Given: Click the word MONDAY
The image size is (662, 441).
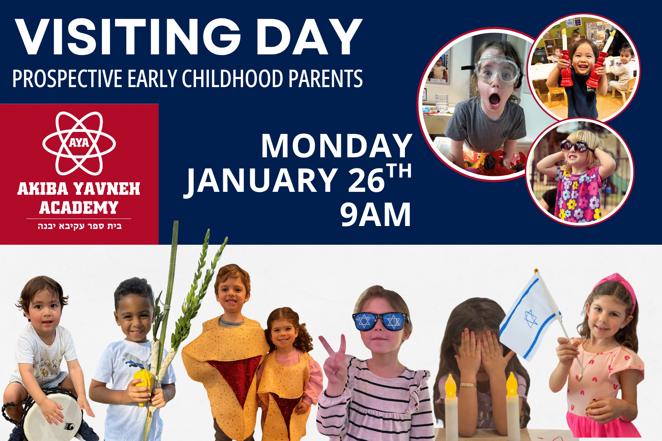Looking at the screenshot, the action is coord(337,146).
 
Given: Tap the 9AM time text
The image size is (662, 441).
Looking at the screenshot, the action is coord(375,215).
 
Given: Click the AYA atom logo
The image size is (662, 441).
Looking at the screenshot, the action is coord(79,143).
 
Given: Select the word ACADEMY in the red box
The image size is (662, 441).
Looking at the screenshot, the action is coord(79,208).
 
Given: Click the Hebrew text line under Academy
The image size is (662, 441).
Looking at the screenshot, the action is coord(79,226).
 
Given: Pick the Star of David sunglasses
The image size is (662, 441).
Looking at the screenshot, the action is coord(380,321).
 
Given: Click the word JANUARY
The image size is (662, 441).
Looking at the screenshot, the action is coord(261,181).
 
